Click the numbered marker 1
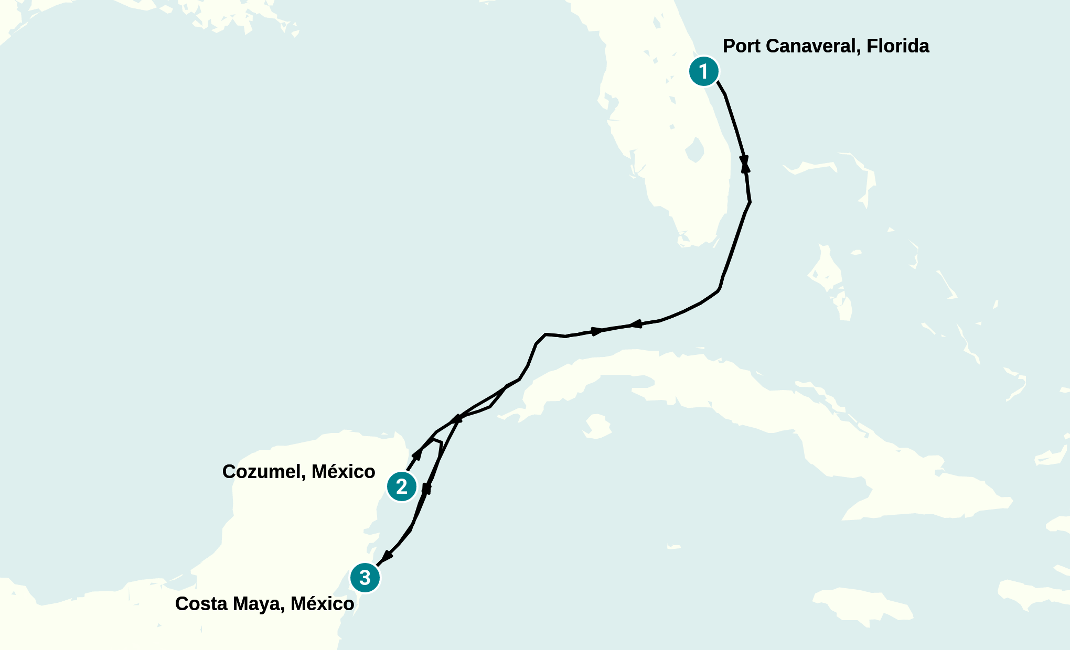pyautogui.click(x=703, y=71)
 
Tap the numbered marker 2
pyautogui.click(x=402, y=486)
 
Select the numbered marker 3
pyautogui.click(x=365, y=578)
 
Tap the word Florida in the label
pyautogui.click(x=897, y=46)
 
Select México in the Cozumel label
pyautogui.click(x=344, y=472)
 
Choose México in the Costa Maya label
pyautogui.click(x=323, y=604)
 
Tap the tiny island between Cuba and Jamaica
pyautogui.click(x=673, y=547)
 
